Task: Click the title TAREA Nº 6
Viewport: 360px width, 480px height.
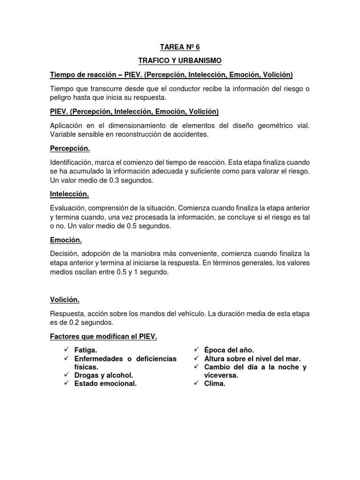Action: coord(180,47)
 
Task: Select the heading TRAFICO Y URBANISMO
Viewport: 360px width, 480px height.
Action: coord(180,61)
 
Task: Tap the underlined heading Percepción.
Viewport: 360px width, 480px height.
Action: coord(70,149)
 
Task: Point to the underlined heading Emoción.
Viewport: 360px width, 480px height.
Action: coord(66,240)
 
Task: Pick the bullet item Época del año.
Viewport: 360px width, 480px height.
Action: coord(229,350)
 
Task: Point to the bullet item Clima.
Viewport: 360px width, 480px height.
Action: coord(215,384)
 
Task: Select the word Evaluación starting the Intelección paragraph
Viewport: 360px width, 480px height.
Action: coord(68,208)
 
